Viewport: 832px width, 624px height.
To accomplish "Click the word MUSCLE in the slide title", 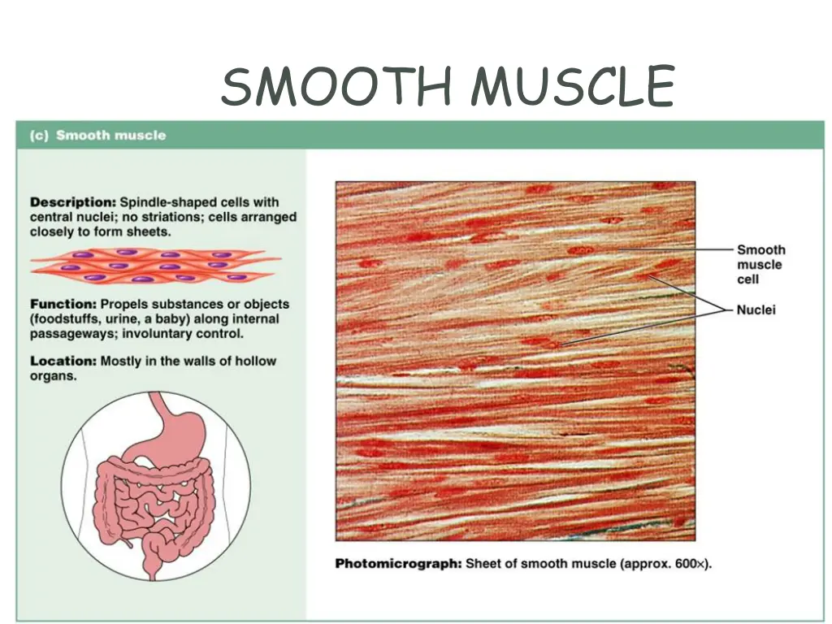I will tap(574, 86).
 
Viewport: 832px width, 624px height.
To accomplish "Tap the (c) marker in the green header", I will tap(40, 136).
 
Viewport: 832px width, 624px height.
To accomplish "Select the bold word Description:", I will tap(73, 202).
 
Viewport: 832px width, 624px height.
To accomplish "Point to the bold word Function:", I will tap(63, 304).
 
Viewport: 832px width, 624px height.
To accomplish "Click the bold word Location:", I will tap(63, 361).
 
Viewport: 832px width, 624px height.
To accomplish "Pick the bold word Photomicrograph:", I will tap(398, 563).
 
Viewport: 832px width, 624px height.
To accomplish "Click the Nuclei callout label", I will tap(756, 310).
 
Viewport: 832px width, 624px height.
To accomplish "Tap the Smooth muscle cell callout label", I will tap(760, 264).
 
